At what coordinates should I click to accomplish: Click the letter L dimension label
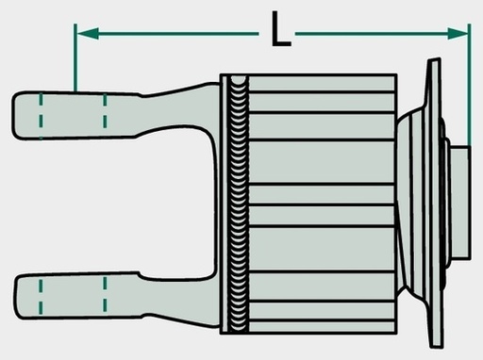tap(281, 29)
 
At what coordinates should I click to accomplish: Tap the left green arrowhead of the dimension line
tap(88, 34)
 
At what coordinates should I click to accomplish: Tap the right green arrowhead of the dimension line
tap(458, 34)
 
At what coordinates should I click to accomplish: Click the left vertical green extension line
tap(75, 57)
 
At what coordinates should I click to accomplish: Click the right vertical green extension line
tap(469, 85)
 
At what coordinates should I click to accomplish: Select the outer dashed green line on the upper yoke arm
tap(41, 116)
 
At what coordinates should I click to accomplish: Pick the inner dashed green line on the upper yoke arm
tap(105, 110)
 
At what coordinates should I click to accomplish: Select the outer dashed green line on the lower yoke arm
tap(41, 297)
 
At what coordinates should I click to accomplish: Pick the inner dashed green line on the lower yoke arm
tap(105, 294)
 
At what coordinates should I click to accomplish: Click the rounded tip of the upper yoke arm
tap(15, 116)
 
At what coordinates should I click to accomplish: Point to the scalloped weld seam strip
tap(238, 204)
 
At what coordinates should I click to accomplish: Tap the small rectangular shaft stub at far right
tap(460, 203)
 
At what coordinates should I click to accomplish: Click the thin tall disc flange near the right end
tap(435, 203)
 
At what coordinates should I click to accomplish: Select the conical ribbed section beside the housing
tap(412, 203)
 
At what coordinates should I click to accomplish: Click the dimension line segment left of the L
tap(168, 34)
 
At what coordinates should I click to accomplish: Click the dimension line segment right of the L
tap(382, 34)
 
